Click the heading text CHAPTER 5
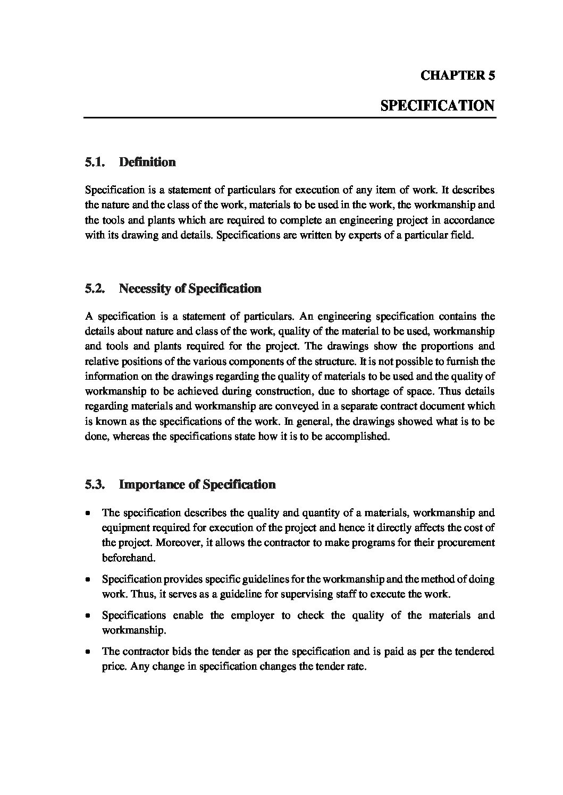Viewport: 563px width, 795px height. pos(458,75)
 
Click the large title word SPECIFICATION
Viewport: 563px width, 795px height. pos(438,105)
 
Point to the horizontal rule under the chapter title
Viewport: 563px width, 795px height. pos(290,117)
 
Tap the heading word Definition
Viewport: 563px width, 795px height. pos(147,162)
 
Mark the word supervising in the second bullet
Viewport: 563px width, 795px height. pos(309,594)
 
